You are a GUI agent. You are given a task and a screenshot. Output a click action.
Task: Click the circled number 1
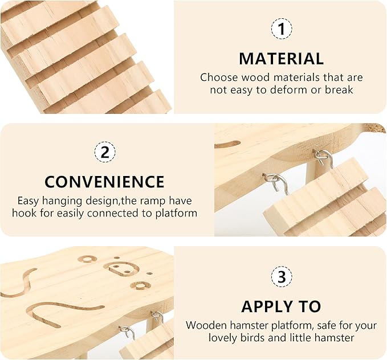tap(282, 29)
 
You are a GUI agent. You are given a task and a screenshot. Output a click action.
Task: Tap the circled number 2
tap(105, 152)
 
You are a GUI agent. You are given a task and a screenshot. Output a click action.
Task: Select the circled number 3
tap(282, 277)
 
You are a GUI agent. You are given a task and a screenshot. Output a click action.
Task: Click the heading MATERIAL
tap(282, 59)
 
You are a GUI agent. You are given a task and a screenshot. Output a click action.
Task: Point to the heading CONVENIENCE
tap(104, 182)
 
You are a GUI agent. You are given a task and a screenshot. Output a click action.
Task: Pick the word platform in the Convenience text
tap(176, 214)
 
